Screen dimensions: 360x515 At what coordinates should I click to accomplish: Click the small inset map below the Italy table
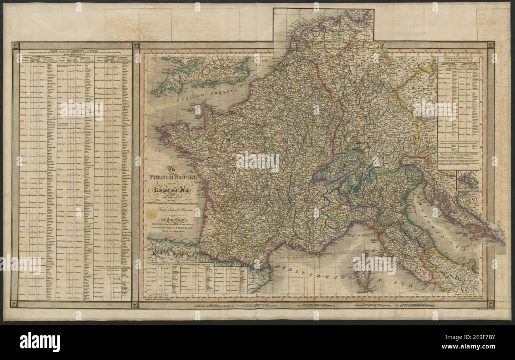[x=467, y=181]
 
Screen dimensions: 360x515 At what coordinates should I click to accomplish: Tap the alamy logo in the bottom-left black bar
[x=40, y=341]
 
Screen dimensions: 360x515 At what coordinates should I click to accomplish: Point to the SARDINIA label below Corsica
[x=363, y=292]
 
